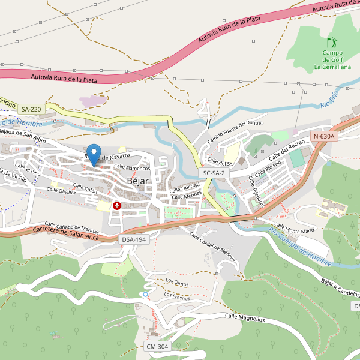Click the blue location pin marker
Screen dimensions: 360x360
pyautogui.click(x=94, y=154)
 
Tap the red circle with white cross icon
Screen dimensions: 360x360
pyautogui.click(x=116, y=206)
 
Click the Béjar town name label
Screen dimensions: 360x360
pyautogui.click(x=137, y=181)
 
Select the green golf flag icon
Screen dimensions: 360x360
pyautogui.click(x=331, y=43)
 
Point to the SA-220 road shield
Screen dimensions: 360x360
pyautogui.click(x=31, y=109)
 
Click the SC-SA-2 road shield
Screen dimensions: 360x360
pyautogui.click(x=214, y=173)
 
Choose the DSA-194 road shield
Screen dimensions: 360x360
pyautogui.click(x=134, y=239)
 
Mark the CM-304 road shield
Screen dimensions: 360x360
pyautogui.click(x=158, y=347)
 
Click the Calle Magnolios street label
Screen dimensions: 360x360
pyautogui.click(x=244, y=317)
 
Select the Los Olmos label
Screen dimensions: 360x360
pyautogui.click(x=178, y=282)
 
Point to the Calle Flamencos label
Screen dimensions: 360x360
pyautogui.click(x=132, y=168)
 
